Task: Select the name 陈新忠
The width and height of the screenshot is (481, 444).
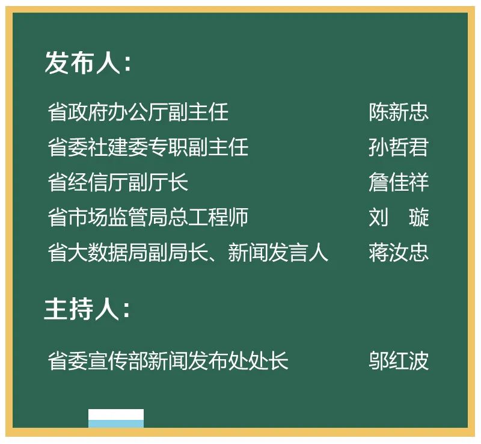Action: pyautogui.click(x=399, y=113)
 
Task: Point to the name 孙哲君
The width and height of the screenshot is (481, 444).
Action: pyautogui.click(x=399, y=147)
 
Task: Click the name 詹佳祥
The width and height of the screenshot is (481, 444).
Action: pyautogui.click(x=399, y=182)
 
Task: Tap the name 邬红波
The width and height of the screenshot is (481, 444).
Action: pyautogui.click(x=399, y=361)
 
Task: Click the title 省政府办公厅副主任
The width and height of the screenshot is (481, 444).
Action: pyautogui.click(x=138, y=113)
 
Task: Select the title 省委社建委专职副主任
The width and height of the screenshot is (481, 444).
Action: pyautogui.click(x=148, y=147)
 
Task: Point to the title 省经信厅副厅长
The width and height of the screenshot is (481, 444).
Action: pyautogui.click(x=118, y=182)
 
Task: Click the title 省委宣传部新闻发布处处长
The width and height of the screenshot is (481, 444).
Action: pyautogui.click(x=168, y=361)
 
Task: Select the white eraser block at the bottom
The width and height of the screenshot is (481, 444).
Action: pyautogui.click(x=116, y=415)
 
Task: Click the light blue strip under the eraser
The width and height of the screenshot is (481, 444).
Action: pyautogui.click(x=116, y=424)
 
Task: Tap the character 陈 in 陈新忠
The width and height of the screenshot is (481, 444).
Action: pyautogui.click(x=379, y=113)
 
